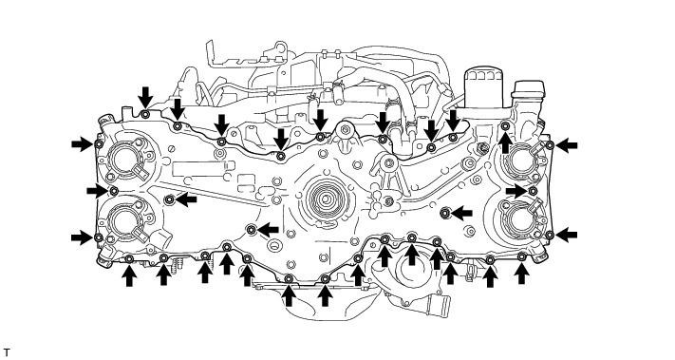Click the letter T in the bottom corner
(7, 352)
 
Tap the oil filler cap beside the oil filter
(528, 89)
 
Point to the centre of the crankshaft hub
(325, 199)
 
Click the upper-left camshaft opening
(125, 160)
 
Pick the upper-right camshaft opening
(522, 160)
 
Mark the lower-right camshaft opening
(522, 217)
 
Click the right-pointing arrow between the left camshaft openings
(97, 190)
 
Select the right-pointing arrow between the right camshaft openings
(516, 190)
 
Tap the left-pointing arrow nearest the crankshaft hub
(268, 230)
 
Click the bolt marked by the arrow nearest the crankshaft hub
(252, 230)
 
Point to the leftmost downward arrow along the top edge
(145, 97)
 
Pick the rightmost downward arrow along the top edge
(453, 121)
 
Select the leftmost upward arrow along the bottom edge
(129, 275)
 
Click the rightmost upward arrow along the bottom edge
(521, 274)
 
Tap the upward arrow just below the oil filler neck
(505, 142)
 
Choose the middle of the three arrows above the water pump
(412, 254)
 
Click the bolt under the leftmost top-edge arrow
(145, 114)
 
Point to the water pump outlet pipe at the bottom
(439, 307)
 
